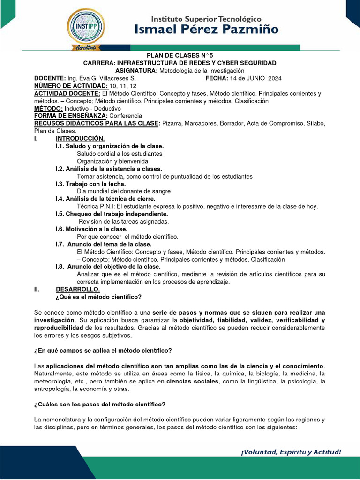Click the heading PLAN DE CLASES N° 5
pyautogui.click(x=180, y=55)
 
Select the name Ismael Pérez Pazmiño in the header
pyautogui.click(x=214, y=30)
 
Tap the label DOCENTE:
pyautogui.click(x=50, y=78)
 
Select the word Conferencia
pyautogui.click(x=126, y=116)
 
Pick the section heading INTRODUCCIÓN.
pyautogui.click(x=80, y=138)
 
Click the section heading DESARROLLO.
pyautogui.click(x=78, y=289)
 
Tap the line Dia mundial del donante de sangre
pyautogui.click(x=124, y=191)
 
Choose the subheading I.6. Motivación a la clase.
pyautogui.click(x=91, y=229)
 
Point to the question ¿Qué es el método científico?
pyautogui.click(x=98, y=297)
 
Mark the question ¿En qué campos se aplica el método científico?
pyautogui.click(x=103, y=350)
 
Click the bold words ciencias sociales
pyautogui.click(x=192, y=382)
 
